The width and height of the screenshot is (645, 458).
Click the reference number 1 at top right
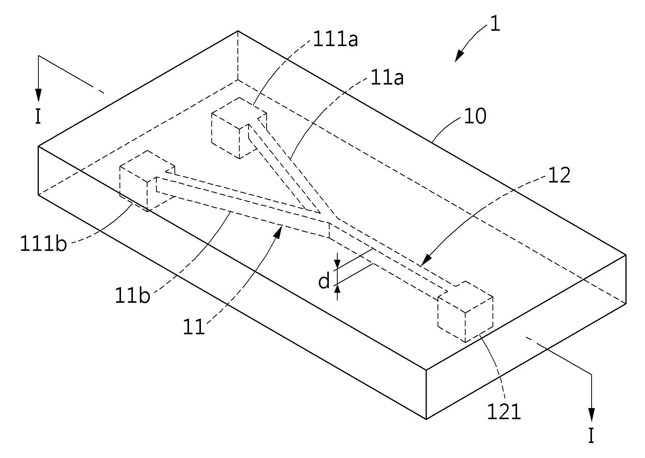pos(495,23)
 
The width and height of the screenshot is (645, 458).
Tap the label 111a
pos(335,39)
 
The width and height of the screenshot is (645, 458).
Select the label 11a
pos(387,78)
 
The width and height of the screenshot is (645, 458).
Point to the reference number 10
pos(475,116)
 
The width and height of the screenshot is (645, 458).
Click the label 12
pos(559,176)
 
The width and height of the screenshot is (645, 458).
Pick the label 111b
pos(43,244)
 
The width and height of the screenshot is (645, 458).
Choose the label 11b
pos(133,295)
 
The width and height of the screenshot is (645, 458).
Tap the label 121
pos(504,412)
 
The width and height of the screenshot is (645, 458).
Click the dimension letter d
pos(324,281)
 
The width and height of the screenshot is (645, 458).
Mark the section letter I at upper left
pos(38,117)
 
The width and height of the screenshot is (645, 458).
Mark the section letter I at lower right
pos(591,436)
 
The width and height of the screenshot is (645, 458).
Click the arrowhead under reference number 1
pos(459,56)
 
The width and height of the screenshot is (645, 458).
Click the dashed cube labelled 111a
pos(239,128)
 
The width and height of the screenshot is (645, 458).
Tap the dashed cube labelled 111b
pos(147,181)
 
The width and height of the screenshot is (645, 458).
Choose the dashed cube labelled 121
pos(465,312)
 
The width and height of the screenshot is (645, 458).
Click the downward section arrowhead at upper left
pos(38,95)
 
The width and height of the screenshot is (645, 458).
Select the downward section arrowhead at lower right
pos(592,415)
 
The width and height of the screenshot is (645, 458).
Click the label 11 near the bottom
pos(194,327)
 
